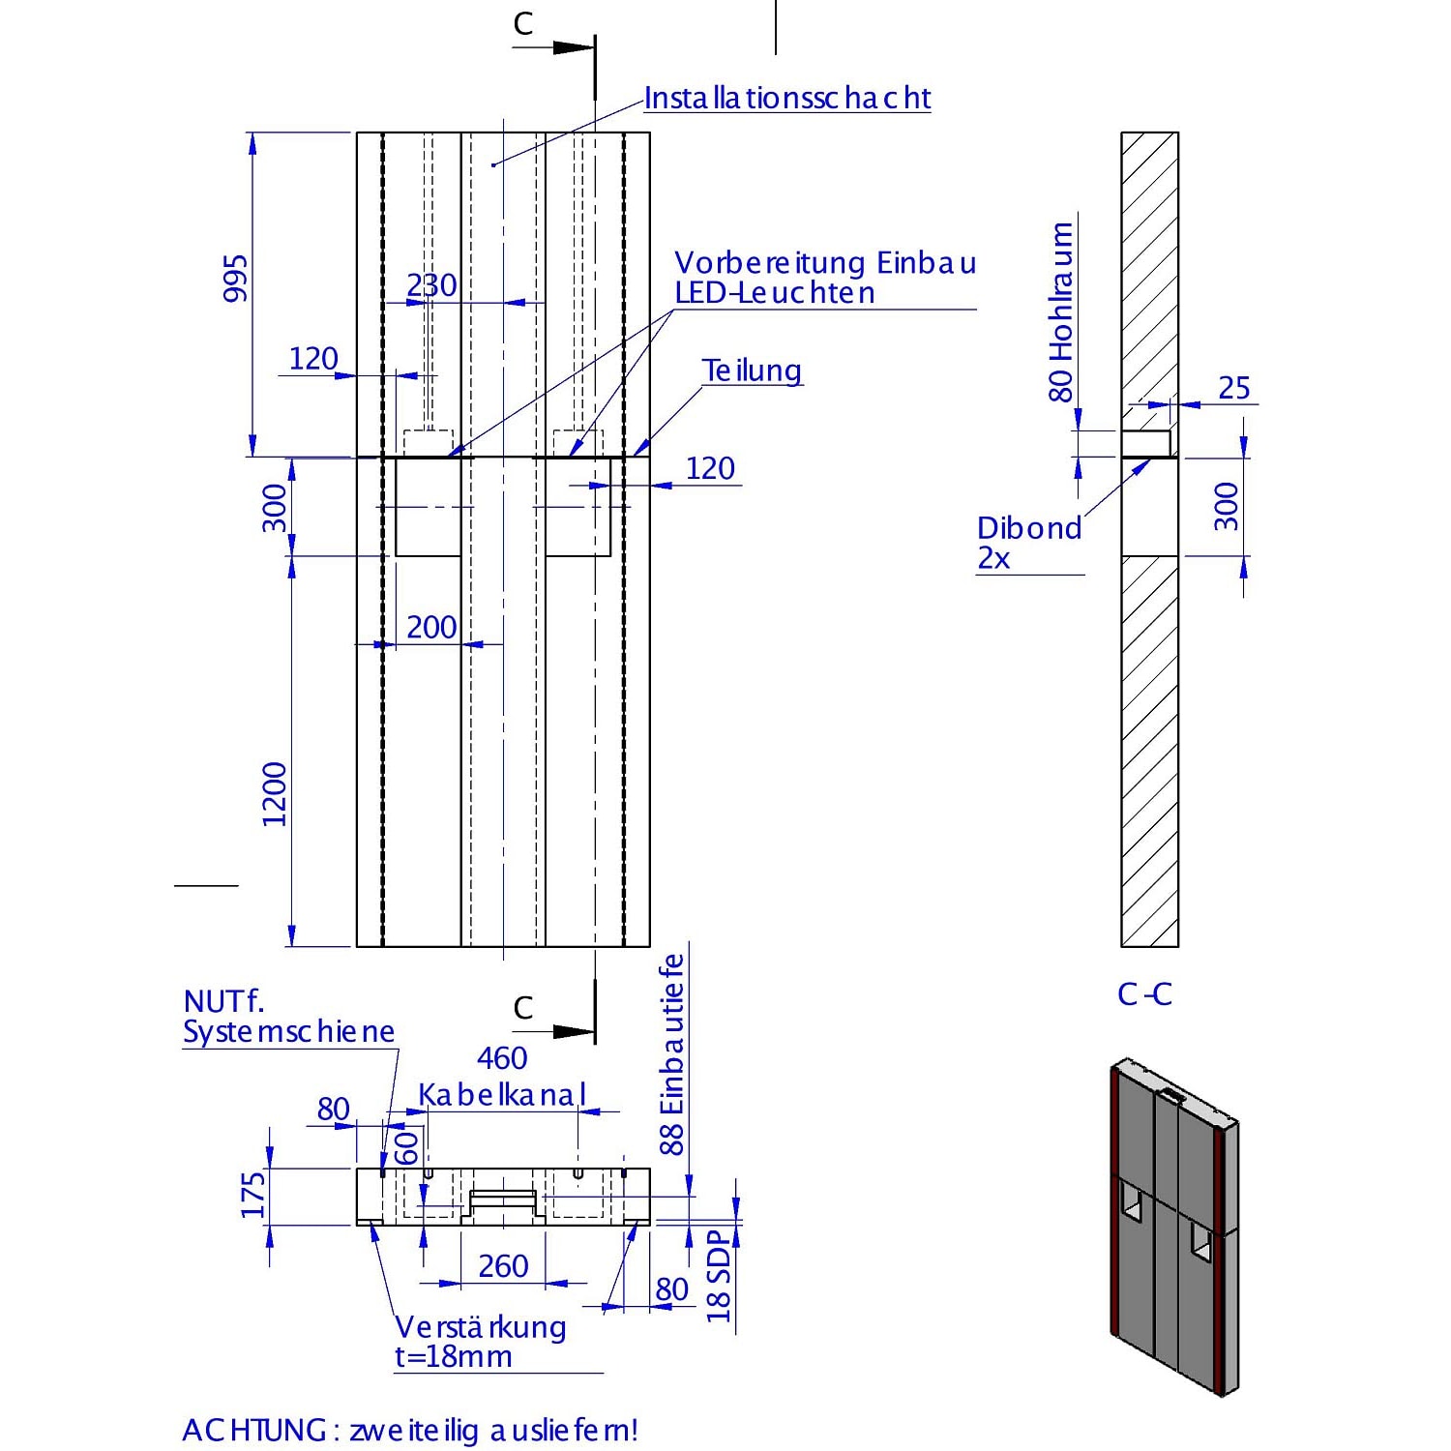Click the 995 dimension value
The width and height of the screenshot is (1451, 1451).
[235, 279]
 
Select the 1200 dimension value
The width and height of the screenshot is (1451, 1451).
[275, 793]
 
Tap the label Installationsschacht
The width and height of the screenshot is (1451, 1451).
[786, 98]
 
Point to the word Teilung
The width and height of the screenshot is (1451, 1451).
[752, 370]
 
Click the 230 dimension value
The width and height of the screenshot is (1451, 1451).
[430, 285]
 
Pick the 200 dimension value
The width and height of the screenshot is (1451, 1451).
[430, 627]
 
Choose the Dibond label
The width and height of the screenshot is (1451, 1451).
[1028, 528]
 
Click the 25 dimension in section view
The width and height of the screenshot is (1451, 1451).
[1233, 388]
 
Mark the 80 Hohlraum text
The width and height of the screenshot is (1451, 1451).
[1061, 311]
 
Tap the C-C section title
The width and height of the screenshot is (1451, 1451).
[1144, 993]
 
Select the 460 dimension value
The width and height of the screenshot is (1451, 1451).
[502, 1058]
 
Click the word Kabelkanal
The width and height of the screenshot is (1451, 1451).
[502, 1095]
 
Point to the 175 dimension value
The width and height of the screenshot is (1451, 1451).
[253, 1196]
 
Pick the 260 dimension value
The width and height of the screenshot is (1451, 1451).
[503, 1265]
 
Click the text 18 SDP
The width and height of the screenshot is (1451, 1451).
[719, 1277]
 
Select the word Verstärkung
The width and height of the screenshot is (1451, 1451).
[481, 1326]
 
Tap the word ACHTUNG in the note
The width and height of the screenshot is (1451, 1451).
[253, 1430]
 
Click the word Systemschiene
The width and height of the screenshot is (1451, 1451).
[288, 1031]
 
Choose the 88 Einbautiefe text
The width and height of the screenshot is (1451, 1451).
[672, 1054]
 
